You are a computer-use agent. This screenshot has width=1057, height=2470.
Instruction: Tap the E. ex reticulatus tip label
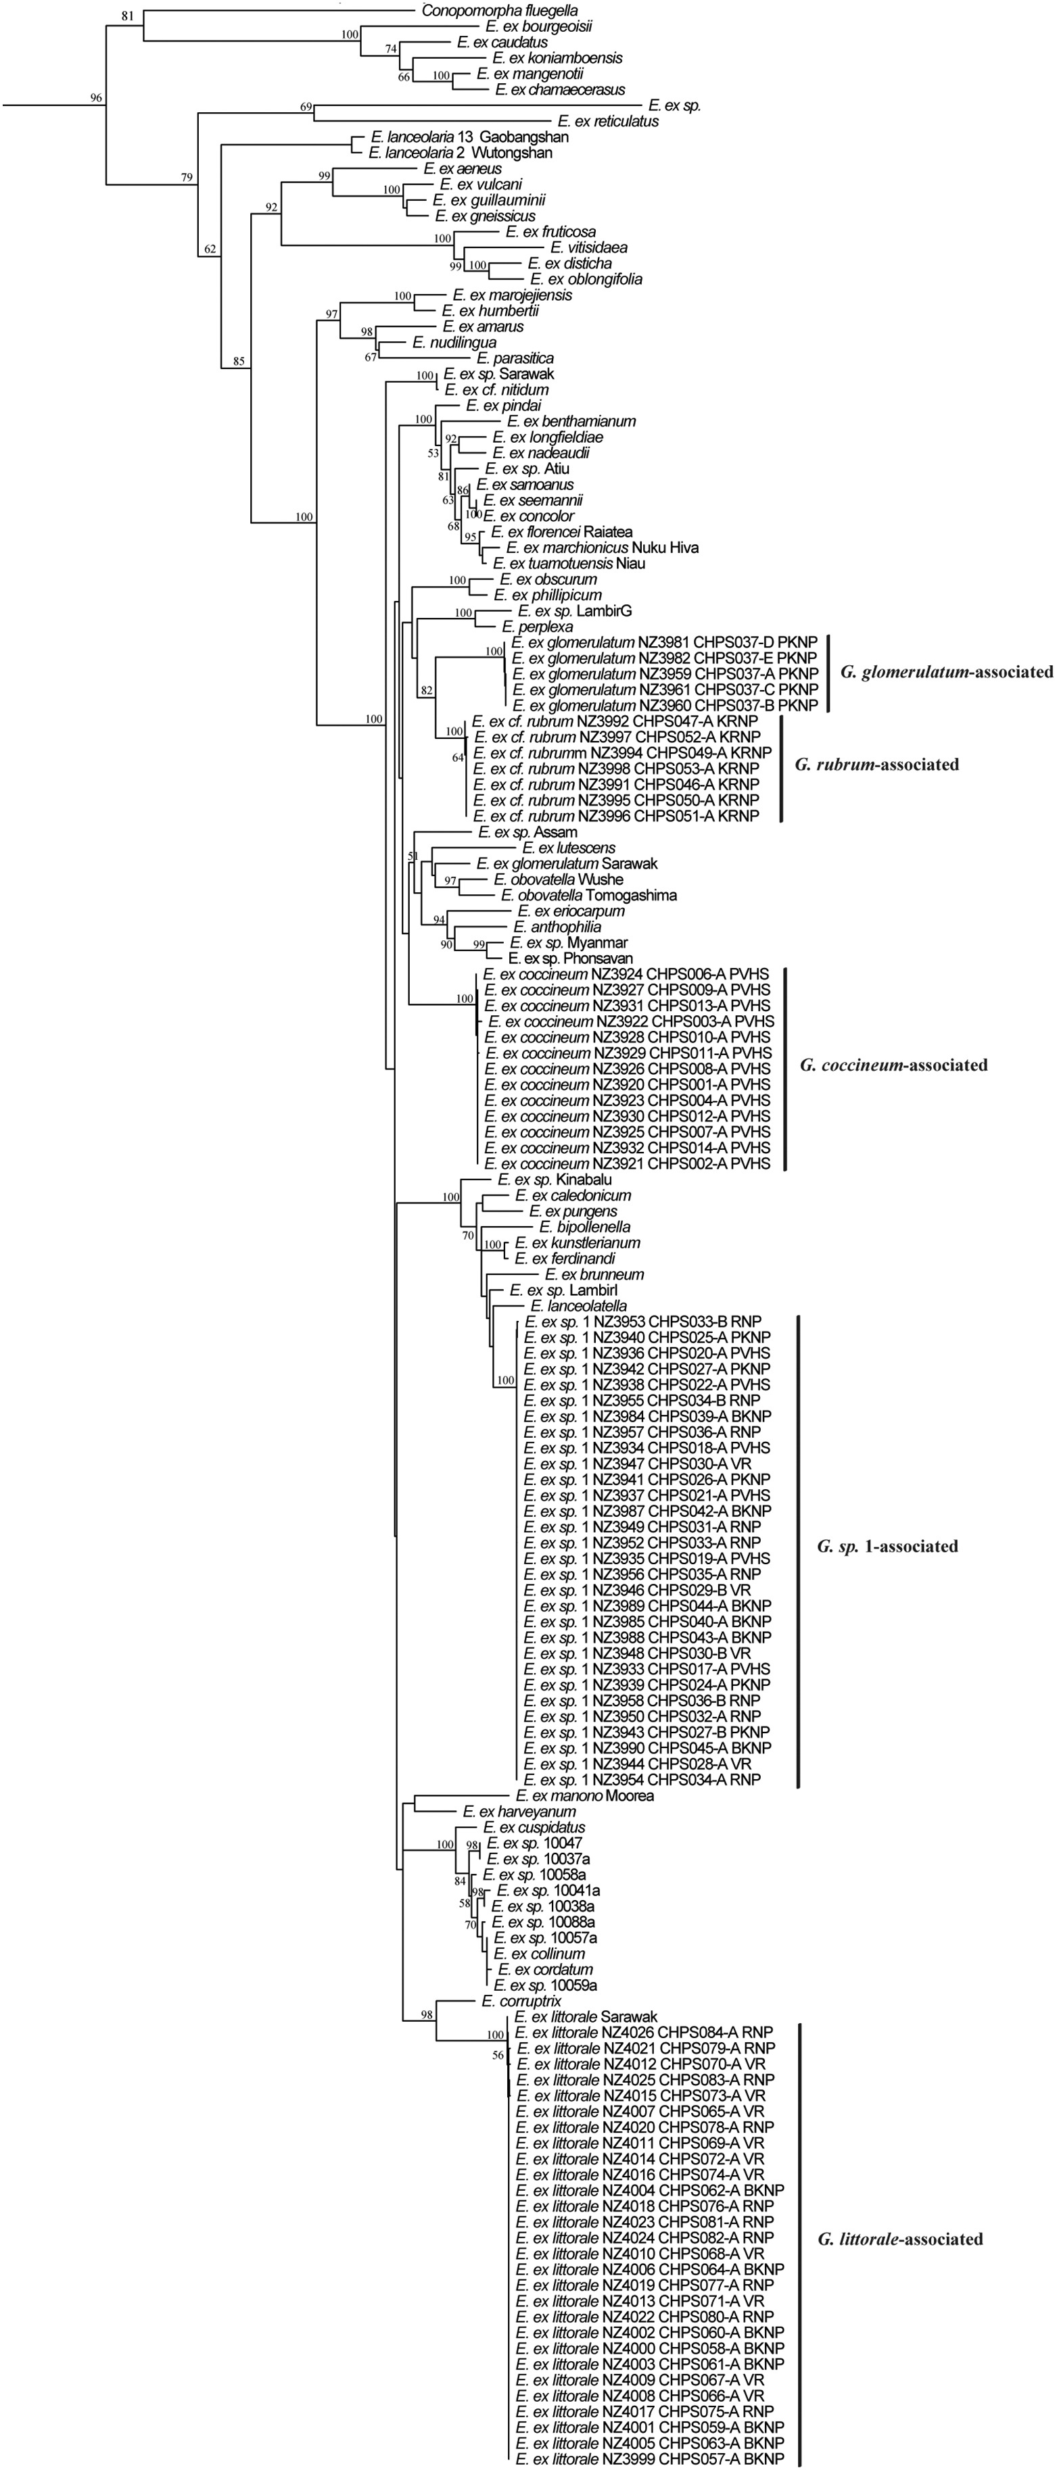tap(608, 122)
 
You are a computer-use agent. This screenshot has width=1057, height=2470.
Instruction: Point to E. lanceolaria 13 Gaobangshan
tap(461, 137)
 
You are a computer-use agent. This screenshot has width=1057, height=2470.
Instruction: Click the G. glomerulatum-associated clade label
tap(945, 672)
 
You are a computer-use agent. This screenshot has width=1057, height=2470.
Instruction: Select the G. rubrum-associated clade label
tap(876, 765)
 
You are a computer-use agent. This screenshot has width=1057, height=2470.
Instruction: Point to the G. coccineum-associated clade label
tap(893, 1065)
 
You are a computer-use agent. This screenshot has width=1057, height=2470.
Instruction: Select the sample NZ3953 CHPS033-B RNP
tap(642, 1322)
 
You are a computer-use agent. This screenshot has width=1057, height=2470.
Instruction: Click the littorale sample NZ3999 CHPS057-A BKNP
tap(649, 2459)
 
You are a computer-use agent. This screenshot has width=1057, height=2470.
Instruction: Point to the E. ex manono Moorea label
tap(584, 1796)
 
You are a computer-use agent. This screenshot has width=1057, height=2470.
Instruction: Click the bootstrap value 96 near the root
tap(96, 99)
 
